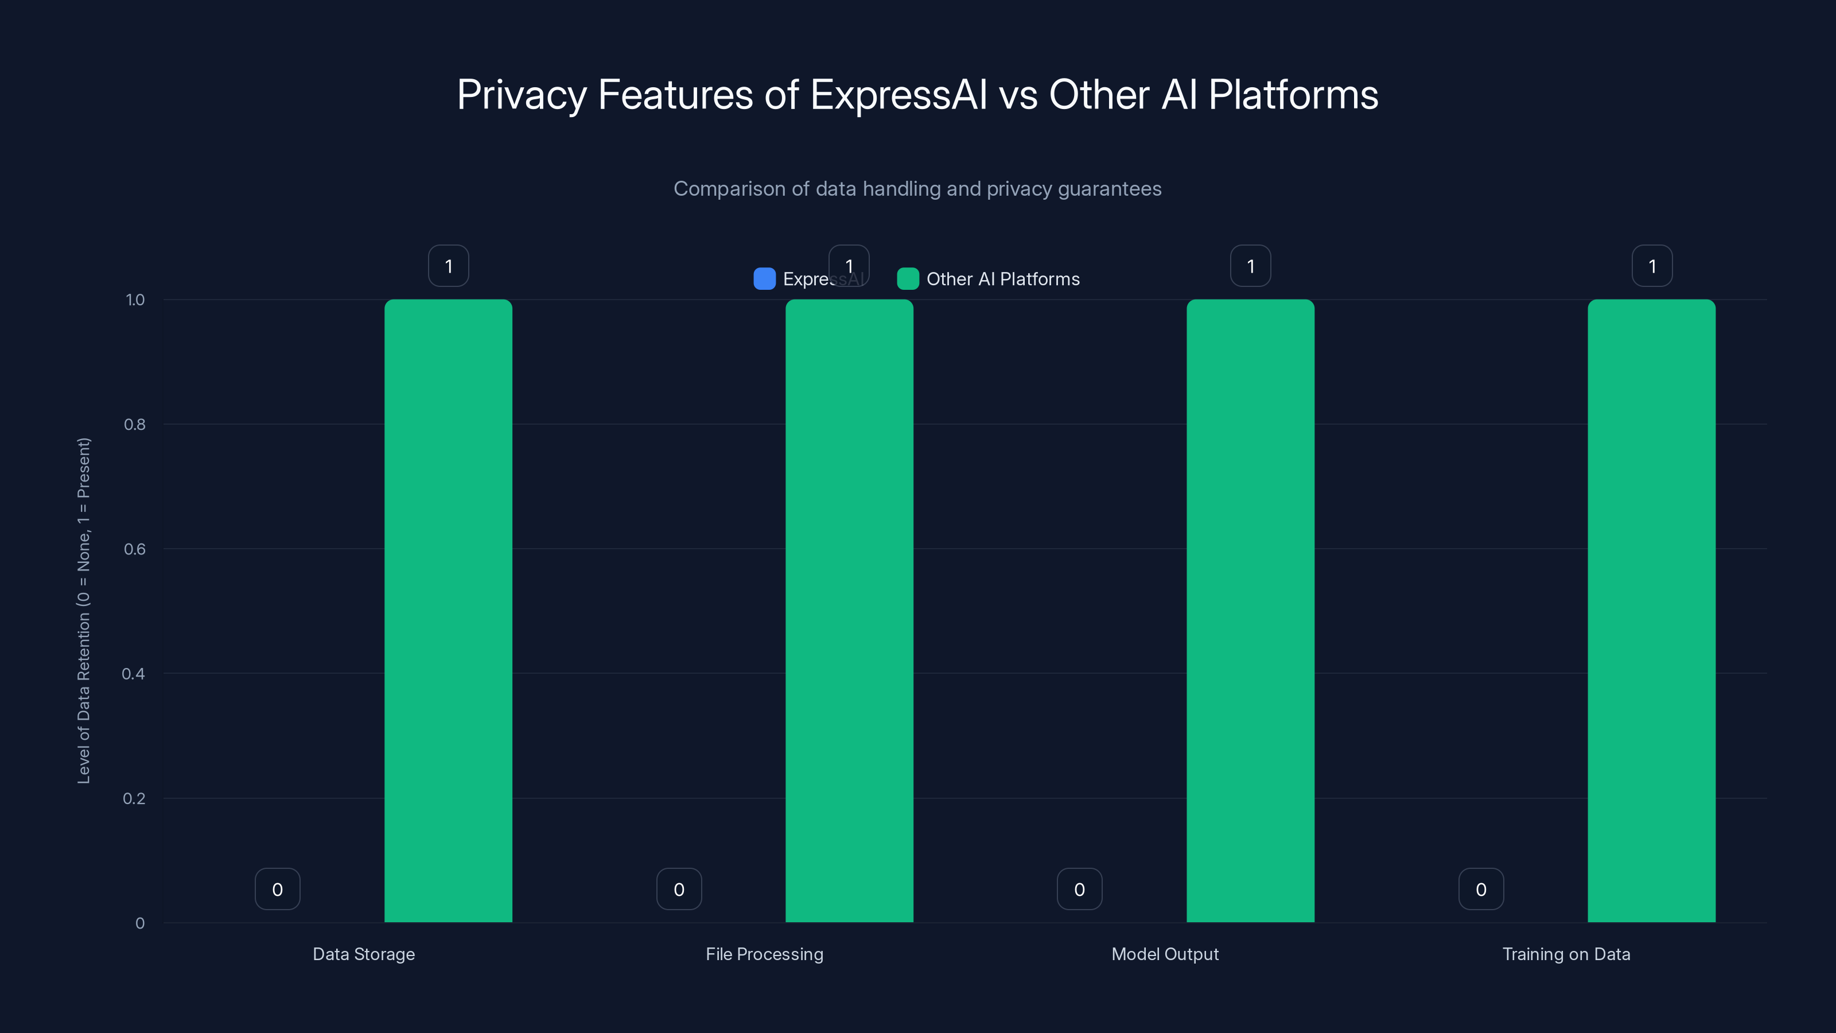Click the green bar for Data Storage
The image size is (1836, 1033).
click(x=448, y=611)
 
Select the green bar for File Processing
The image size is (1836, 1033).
click(x=849, y=611)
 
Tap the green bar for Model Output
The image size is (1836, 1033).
click(x=1250, y=611)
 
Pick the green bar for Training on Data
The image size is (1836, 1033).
click(x=1651, y=611)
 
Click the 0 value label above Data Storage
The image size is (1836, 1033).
click(x=277, y=889)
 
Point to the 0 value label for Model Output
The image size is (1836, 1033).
click(x=1079, y=889)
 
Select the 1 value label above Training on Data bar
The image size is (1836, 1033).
click(x=1651, y=266)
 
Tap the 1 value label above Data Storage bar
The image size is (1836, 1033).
click(x=448, y=266)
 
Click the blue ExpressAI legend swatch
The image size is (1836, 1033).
click(x=764, y=279)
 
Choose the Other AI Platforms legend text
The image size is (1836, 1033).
click(x=1002, y=279)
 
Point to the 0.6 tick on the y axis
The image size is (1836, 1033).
click(x=135, y=549)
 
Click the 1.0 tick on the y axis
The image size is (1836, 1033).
click(x=135, y=300)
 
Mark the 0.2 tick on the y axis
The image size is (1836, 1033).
click(x=134, y=798)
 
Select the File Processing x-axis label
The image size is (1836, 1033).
click(x=764, y=954)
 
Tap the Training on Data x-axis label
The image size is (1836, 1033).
click(x=1566, y=954)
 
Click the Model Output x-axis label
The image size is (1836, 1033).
click(x=1165, y=954)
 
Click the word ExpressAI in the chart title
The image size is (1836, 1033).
click(x=898, y=94)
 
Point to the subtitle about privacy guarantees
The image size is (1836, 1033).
click(x=917, y=188)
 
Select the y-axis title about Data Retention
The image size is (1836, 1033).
click(x=83, y=611)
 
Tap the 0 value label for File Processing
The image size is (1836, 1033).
click(x=679, y=889)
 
